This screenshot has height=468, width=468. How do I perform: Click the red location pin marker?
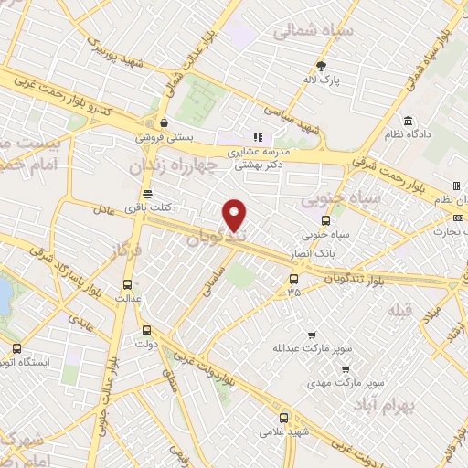[236, 215]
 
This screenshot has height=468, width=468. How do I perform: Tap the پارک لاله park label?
[321, 80]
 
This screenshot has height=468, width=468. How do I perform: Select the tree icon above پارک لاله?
[321, 65]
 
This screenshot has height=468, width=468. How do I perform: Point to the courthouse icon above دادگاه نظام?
[407, 120]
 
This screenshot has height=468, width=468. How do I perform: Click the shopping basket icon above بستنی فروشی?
[163, 123]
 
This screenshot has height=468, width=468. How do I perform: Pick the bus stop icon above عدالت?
[126, 282]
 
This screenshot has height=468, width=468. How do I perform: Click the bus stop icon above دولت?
[146, 330]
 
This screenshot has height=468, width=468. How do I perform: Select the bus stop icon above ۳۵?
[293, 278]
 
